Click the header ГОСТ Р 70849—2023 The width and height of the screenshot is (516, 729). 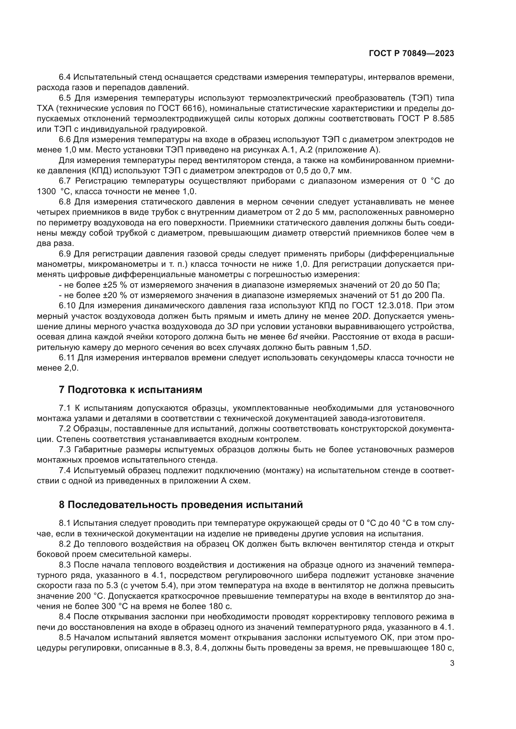tap(411, 54)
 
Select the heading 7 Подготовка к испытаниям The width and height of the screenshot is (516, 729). tap(131, 390)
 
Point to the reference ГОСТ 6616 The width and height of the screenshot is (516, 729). tap(180, 108)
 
